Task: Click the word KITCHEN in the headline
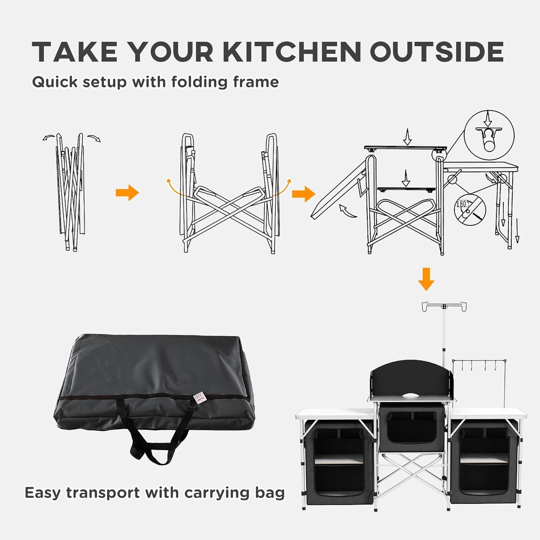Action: click(x=292, y=51)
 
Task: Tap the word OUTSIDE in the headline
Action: click(x=436, y=51)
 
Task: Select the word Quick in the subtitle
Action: click(x=55, y=82)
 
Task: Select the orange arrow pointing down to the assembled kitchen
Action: click(x=426, y=278)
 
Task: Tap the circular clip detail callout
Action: click(x=489, y=135)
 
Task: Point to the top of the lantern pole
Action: click(x=444, y=307)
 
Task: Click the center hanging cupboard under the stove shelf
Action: click(x=411, y=427)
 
